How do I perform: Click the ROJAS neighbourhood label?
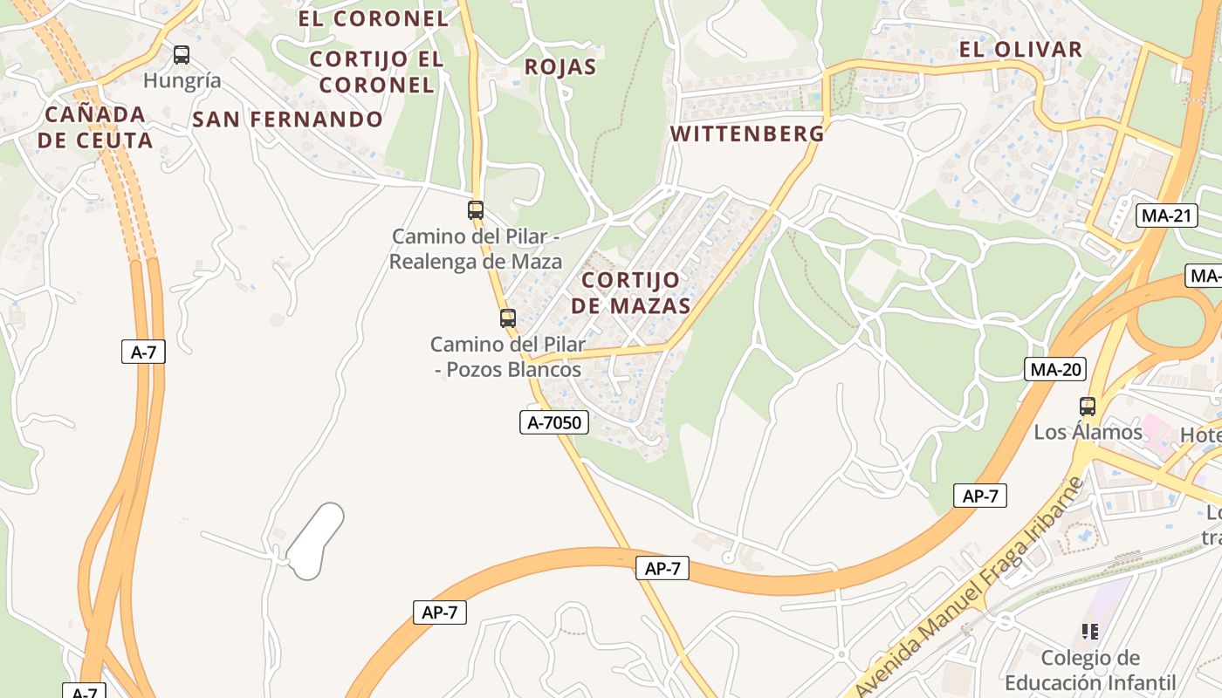pyautogui.click(x=560, y=67)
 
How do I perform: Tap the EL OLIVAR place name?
pyautogui.click(x=1020, y=50)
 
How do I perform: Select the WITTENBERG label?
pyautogui.click(x=746, y=133)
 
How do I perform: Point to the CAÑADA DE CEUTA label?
pyautogui.click(x=95, y=127)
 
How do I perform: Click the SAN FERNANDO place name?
pyautogui.click(x=287, y=120)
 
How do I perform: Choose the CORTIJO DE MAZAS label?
pyautogui.click(x=635, y=293)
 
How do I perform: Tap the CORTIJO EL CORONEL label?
pyautogui.click(x=376, y=72)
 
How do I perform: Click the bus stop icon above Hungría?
pyautogui.click(x=182, y=55)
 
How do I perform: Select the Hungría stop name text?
pyautogui.click(x=182, y=81)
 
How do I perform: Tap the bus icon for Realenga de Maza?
pyautogui.click(x=476, y=209)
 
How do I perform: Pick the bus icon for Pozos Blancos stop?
pyautogui.click(x=508, y=318)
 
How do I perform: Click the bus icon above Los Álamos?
pyautogui.click(x=1088, y=406)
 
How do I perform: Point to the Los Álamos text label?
pyautogui.click(x=1088, y=432)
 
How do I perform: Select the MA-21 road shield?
pyautogui.click(x=1166, y=216)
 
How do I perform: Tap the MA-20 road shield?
pyautogui.click(x=1055, y=369)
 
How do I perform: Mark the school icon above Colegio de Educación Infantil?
pyautogui.click(x=1089, y=631)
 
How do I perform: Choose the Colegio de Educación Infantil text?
pyautogui.click(x=1090, y=670)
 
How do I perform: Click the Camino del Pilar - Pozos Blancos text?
pyautogui.click(x=508, y=357)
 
